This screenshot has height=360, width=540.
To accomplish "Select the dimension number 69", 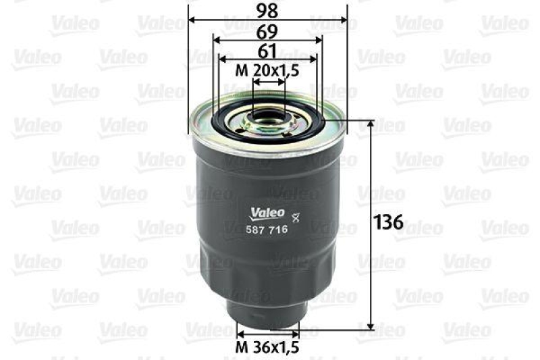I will click(267, 31).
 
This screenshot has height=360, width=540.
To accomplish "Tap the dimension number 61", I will click(267, 51).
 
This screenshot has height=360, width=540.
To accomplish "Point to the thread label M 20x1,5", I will click(267, 70).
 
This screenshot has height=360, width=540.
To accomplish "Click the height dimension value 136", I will click(389, 222).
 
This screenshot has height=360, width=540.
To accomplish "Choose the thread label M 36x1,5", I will click(267, 347).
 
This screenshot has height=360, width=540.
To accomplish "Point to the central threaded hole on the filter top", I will click(268, 120).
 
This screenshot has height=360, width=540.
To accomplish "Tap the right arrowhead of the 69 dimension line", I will click(318, 40).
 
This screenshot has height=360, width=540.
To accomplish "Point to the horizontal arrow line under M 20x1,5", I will click(268, 81).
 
